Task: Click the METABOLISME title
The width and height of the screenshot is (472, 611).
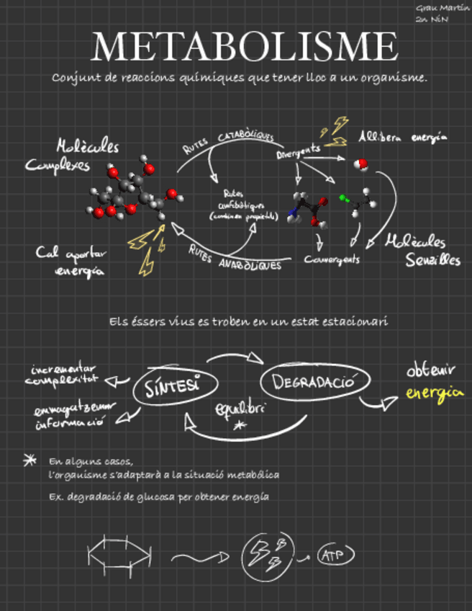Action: click(x=245, y=46)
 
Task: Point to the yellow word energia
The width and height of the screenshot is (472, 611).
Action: click(x=434, y=393)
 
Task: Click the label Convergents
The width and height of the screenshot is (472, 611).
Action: click(x=332, y=259)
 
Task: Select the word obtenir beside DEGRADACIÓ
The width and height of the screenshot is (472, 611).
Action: click(x=430, y=372)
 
